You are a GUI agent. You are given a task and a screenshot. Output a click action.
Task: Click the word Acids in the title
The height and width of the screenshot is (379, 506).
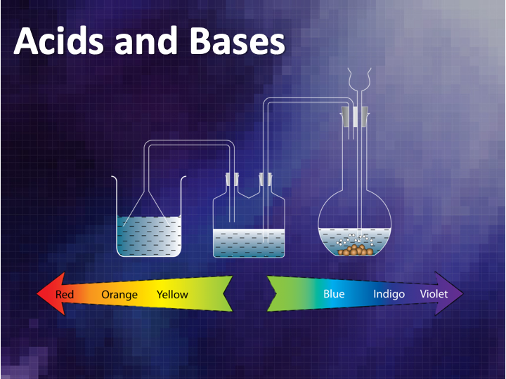[59, 41]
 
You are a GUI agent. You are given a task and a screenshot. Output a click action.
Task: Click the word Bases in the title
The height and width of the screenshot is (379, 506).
[238, 41]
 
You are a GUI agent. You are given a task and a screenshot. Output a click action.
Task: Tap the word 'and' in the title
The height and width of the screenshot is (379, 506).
[146, 41]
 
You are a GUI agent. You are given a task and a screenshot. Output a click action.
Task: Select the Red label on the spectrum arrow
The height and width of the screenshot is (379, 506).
[65, 294]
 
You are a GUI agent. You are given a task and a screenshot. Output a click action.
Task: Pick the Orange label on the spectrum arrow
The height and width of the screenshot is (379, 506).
[119, 295]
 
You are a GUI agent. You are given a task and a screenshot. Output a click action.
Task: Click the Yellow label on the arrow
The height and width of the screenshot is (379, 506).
[172, 294]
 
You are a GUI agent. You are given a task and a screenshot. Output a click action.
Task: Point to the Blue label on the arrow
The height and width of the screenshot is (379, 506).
[334, 293]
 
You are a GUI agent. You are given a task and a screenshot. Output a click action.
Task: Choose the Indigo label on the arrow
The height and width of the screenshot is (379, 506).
[389, 294]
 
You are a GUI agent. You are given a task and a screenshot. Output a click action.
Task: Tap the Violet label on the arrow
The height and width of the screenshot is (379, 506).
[434, 293]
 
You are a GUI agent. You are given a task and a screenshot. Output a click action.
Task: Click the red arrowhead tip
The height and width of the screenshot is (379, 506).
[37, 293]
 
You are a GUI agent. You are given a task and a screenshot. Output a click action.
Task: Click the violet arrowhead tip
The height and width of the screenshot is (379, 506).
[463, 293]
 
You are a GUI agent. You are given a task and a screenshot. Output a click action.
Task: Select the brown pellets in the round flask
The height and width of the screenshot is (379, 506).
[356, 250]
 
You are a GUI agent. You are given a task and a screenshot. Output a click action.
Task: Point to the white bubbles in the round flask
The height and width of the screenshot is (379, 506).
[355, 239]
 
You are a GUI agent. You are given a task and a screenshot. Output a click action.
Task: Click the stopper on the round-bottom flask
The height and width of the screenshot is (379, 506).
[355, 117]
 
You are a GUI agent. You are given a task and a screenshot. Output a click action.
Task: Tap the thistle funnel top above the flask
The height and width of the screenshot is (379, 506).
[359, 79]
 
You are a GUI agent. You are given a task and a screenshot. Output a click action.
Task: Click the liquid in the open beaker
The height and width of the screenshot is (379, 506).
[149, 237]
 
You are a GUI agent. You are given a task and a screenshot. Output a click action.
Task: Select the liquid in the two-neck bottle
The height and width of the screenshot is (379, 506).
[249, 243]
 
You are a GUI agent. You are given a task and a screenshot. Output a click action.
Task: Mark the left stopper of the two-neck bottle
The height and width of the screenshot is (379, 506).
[232, 179]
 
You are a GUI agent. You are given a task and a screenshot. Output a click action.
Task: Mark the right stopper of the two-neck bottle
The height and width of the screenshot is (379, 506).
[266, 179]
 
